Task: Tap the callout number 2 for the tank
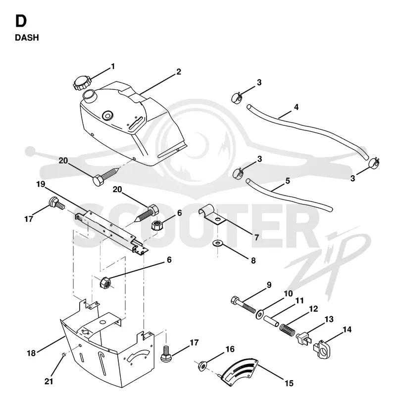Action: [179, 72]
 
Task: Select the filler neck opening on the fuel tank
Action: [89, 95]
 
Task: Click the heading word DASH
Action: [27, 38]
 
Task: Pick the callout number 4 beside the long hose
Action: [297, 107]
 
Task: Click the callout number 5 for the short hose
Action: [288, 181]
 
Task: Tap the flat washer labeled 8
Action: [218, 242]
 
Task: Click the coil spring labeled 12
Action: [288, 329]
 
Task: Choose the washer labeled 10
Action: [259, 314]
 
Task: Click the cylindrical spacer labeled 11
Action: [271, 321]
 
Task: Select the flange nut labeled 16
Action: [202, 366]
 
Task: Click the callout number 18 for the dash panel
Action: [31, 353]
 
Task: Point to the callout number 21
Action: [49, 381]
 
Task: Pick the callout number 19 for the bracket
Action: [41, 184]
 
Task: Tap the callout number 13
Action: [329, 319]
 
